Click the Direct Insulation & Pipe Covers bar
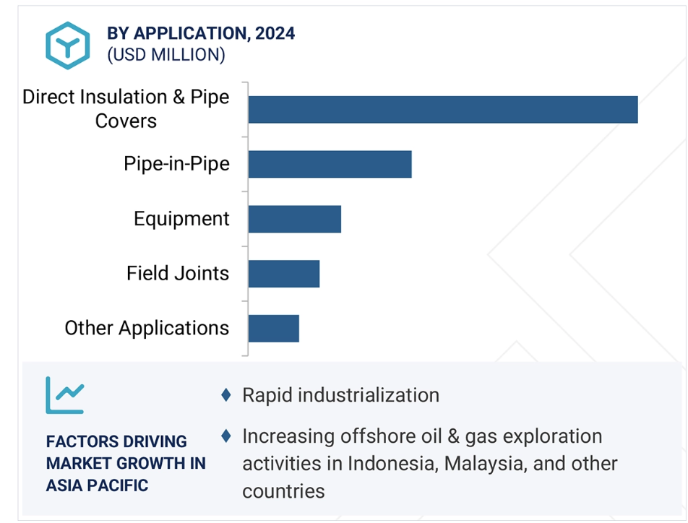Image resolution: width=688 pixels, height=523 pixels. point(443,109)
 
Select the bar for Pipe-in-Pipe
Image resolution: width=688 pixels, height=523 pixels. point(330,164)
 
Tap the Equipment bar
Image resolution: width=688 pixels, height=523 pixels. point(294,219)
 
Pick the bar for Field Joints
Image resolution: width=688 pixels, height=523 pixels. point(284,274)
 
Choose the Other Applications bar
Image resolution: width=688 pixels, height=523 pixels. point(274,329)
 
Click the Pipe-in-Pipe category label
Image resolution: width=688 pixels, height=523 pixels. point(177,164)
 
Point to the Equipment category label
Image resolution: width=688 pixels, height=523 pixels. point(181,219)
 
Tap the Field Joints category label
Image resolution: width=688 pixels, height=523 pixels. point(178,273)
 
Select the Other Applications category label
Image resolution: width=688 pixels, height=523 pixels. point(147,328)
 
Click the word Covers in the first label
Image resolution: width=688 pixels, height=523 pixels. point(126,121)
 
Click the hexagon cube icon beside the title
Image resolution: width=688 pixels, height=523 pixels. point(68,46)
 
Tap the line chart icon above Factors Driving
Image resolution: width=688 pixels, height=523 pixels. point(65,395)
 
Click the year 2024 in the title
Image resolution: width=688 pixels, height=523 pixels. point(275,33)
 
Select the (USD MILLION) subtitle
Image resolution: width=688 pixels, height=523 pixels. point(166,56)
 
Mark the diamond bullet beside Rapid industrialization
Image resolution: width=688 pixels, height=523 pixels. point(226,395)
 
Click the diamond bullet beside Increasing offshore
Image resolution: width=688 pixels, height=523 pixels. point(226,436)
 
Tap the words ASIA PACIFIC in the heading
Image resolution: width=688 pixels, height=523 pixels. point(98,485)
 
